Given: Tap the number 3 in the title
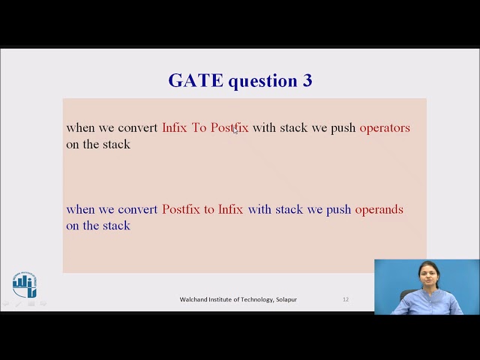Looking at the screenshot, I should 307,81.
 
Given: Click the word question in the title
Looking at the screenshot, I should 262,81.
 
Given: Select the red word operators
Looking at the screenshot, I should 385,128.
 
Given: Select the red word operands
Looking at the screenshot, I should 379,210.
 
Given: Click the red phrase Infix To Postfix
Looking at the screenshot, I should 205,128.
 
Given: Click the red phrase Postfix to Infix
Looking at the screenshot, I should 202,210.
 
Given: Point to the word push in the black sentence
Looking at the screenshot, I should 343,128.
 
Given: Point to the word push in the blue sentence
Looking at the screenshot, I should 338,210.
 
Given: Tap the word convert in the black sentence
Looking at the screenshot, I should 138,128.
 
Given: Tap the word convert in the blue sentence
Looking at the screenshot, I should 138,210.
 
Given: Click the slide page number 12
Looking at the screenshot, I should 346,299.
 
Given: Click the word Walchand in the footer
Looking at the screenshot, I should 193,299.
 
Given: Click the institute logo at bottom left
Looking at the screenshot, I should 24,285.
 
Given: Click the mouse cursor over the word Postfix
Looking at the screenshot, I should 235,130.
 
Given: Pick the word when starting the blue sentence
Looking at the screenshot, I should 80,210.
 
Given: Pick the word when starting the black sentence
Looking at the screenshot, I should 80,128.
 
